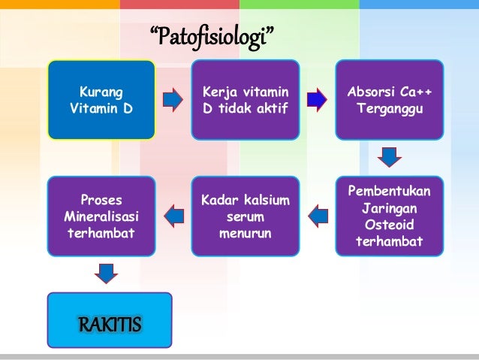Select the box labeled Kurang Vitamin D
[x=101, y=100]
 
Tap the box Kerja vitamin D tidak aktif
[x=245, y=100]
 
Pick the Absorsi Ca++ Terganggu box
[x=389, y=100]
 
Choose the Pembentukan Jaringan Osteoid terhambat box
[x=389, y=216]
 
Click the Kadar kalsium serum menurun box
[x=245, y=216]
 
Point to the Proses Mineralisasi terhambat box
[x=101, y=216]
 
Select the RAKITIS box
[x=110, y=325]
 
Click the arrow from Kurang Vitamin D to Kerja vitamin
[x=173, y=99]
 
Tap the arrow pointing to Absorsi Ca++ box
[x=317, y=99]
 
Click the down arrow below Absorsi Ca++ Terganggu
[x=389, y=157]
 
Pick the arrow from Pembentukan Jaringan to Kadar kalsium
[x=318, y=216]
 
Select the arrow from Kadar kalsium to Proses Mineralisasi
[x=173, y=216]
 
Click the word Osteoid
[x=389, y=225]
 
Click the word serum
[x=245, y=216]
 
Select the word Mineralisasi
[x=101, y=216]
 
